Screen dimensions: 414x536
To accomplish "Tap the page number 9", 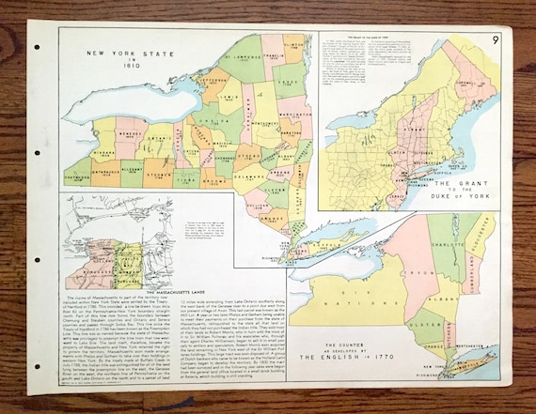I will pos(495,40).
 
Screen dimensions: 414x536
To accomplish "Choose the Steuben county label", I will pos(158,173).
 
